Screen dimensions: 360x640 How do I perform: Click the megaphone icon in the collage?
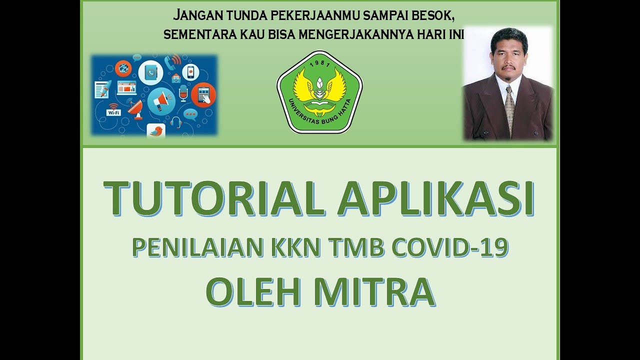click(160, 100)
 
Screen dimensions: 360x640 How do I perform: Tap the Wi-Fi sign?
click(113, 111)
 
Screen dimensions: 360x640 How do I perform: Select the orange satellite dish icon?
click(134, 109)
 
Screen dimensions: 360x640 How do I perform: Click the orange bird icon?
click(156, 131)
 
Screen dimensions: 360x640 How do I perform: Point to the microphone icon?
click(183, 93)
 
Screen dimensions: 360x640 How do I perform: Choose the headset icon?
click(175, 121)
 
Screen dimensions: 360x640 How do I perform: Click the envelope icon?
click(175, 78)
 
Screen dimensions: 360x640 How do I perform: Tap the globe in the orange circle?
click(123, 68)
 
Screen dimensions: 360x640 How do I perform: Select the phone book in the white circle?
click(150, 72)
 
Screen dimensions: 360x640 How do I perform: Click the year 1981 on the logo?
click(319, 63)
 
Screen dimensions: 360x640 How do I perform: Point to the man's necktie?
click(509, 107)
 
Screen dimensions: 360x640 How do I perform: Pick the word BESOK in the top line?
click(433, 15)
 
